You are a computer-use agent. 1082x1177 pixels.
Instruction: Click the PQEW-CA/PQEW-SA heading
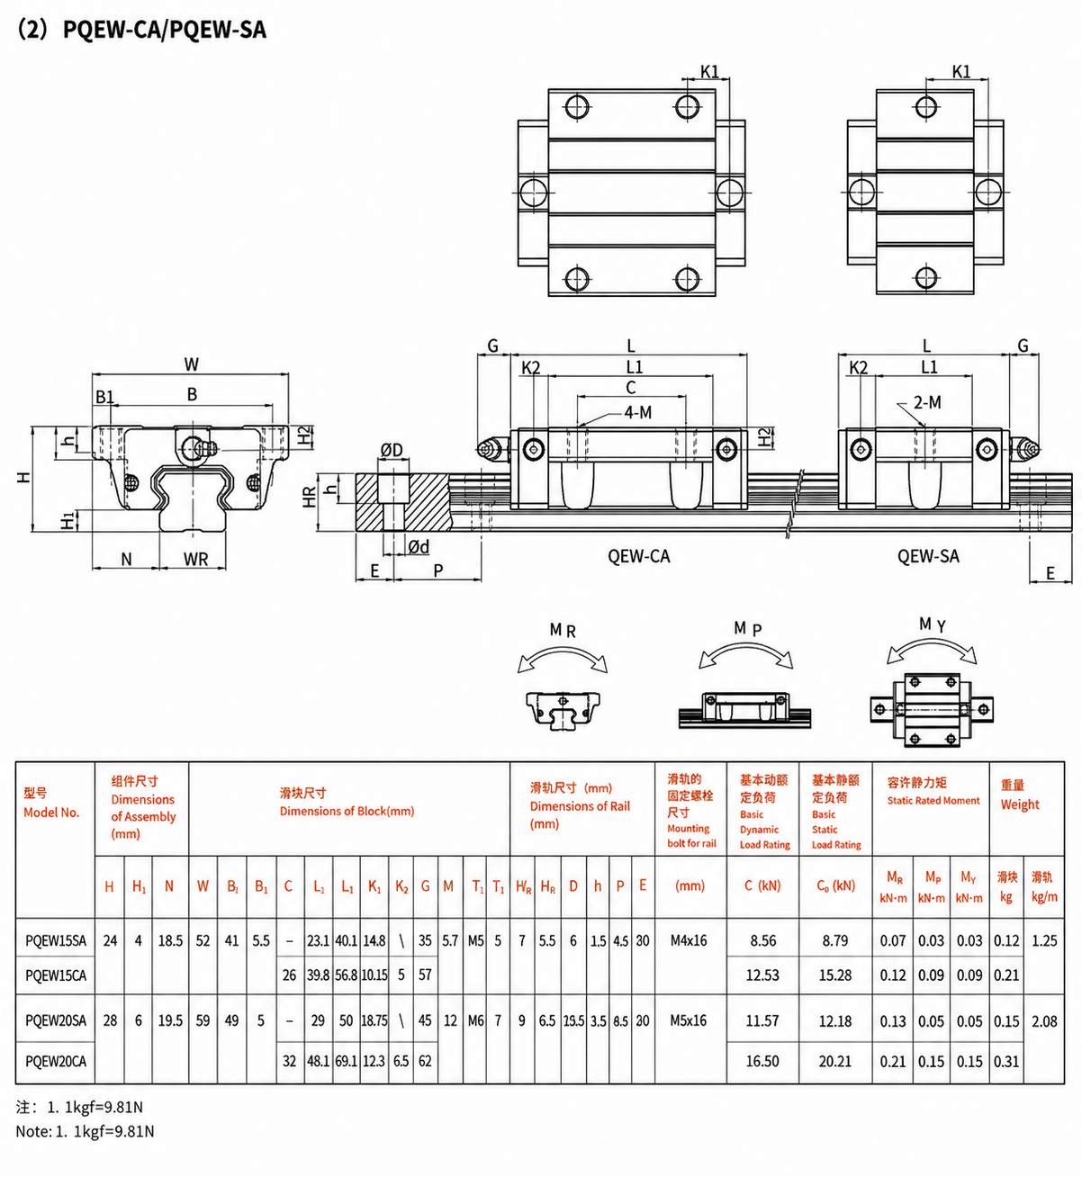click(x=165, y=30)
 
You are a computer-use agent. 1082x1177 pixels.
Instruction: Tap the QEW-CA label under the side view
click(x=639, y=556)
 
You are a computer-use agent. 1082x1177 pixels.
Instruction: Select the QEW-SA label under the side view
click(x=928, y=556)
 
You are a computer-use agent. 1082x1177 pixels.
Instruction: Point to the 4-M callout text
click(x=637, y=412)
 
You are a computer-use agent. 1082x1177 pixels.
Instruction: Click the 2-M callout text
click(x=927, y=402)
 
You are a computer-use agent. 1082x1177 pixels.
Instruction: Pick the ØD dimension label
click(x=392, y=450)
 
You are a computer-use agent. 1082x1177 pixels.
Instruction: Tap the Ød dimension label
click(x=419, y=547)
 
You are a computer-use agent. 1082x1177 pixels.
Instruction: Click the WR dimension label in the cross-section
click(x=195, y=559)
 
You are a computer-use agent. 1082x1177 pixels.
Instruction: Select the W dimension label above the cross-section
click(x=192, y=364)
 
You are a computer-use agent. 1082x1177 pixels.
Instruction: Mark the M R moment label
click(x=563, y=630)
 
